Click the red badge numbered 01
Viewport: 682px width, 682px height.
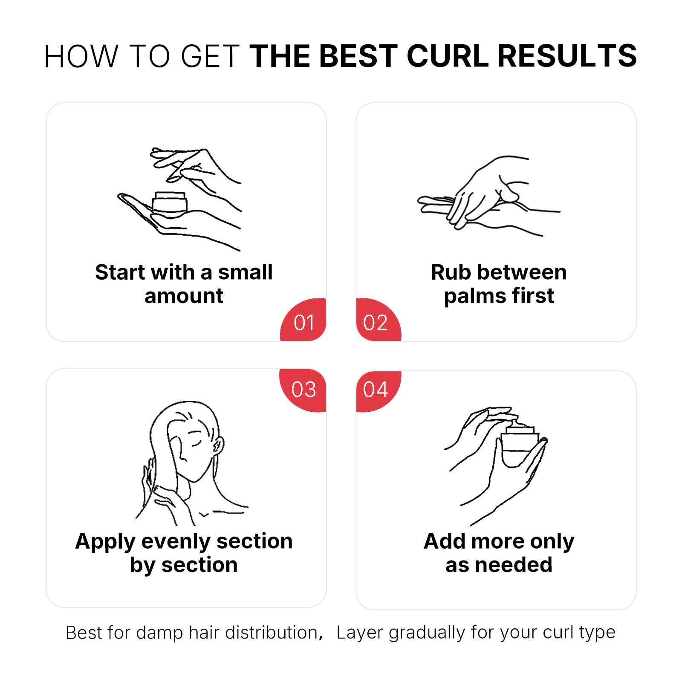pos(303,321)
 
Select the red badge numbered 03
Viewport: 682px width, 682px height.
pos(303,390)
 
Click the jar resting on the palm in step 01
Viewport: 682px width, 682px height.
pos(170,204)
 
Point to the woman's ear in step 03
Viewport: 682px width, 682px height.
pos(218,446)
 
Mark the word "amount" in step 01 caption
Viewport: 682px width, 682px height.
pos(184,296)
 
